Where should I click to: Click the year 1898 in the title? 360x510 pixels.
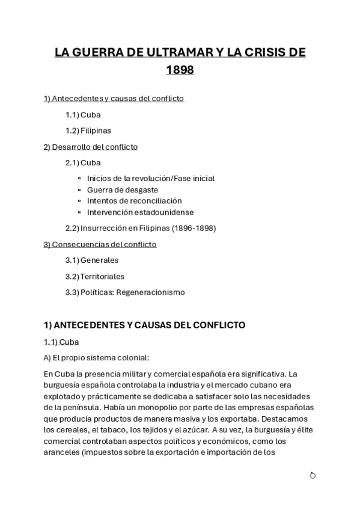click(180, 70)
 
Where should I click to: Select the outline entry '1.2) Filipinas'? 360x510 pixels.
click(88, 130)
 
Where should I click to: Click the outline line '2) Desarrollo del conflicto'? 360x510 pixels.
click(91, 146)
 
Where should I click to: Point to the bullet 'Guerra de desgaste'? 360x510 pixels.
click(123, 189)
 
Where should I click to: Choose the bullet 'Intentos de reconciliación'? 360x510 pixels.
click(134, 201)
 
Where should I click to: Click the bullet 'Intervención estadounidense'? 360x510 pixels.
click(140, 212)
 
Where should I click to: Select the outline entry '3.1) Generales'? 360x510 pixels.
click(91, 260)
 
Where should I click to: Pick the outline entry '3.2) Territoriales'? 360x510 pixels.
click(94, 277)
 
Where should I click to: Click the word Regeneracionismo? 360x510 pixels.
click(151, 293)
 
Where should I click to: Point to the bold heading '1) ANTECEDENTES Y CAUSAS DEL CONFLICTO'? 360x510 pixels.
click(145, 325)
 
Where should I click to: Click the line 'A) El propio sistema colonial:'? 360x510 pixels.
click(96, 357)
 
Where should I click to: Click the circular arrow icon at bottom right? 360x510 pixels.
click(313, 476)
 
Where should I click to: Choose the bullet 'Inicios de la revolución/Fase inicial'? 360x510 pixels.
click(150, 179)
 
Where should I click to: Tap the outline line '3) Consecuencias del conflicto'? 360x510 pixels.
click(100, 244)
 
